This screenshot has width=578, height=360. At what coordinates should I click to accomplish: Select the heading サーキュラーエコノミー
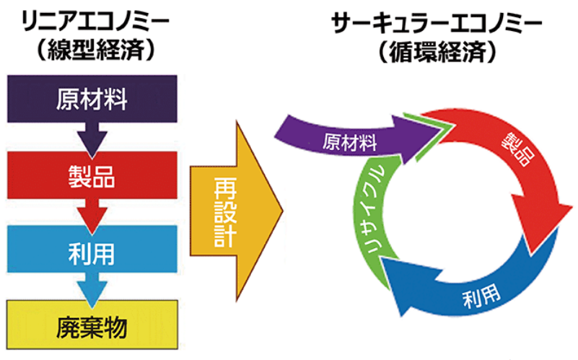[x=437, y=23]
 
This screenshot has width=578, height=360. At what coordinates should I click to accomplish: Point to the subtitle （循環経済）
[x=437, y=51]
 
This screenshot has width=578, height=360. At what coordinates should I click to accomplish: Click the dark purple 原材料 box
[x=92, y=99]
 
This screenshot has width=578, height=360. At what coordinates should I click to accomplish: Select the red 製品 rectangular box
[x=92, y=175]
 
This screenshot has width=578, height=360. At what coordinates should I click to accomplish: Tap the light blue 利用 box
[x=92, y=249]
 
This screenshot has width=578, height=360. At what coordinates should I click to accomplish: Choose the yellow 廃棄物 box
[x=92, y=325]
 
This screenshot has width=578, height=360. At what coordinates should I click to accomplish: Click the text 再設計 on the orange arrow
[x=225, y=211]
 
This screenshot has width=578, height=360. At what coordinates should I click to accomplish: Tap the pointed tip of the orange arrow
[x=282, y=211]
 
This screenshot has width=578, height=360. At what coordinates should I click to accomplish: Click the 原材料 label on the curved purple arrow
[x=349, y=142]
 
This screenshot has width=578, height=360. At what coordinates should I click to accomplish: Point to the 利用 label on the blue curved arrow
[x=481, y=296]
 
